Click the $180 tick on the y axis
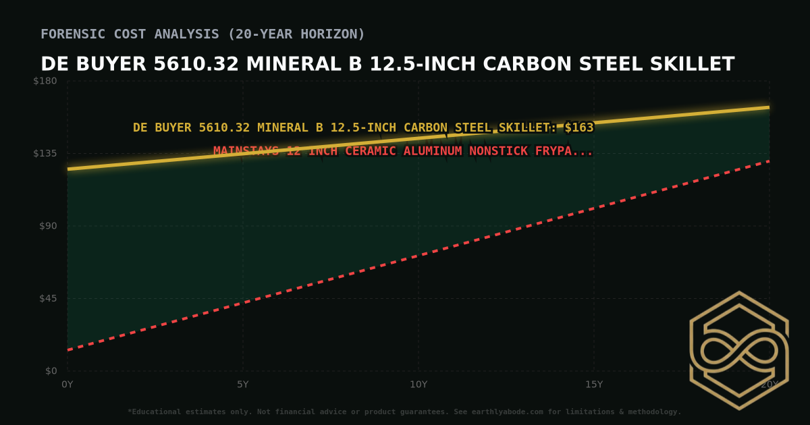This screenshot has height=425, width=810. [x=46, y=81]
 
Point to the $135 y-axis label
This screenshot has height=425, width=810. [x=46, y=153]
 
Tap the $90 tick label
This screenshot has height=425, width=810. [x=48, y=226]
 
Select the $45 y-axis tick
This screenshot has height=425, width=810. [x=48, y=298]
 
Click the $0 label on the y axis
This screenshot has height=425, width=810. [x=51, y=371]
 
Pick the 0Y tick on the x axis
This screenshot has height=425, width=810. [x=67, y=385]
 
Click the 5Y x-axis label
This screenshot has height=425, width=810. [x=243, y=385]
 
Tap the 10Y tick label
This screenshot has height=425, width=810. [x=418, y=385]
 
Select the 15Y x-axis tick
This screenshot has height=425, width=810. [x=594, y=385]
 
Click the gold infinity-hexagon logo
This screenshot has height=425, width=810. [x=738, y=350]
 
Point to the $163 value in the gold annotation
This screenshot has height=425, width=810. [x=579, y=128]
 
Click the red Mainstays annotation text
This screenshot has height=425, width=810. [x=403, y=151]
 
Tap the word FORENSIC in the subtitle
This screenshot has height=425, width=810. [x=71, y=34]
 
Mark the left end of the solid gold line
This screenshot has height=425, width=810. [x=68, y=169]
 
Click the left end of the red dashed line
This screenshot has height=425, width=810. [x=68, y=349]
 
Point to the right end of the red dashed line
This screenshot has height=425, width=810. [x=769, y=161]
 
